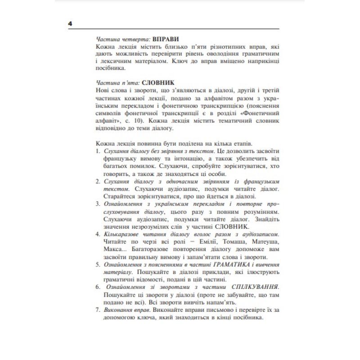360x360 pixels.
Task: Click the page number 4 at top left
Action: (70, 24)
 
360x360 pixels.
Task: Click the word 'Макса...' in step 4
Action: (114, 249)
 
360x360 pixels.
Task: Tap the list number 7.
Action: (98, 310)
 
